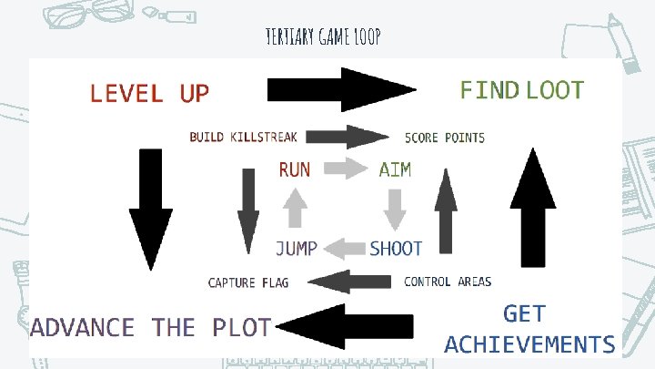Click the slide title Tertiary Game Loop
[322, 36]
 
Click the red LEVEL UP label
[149, 93]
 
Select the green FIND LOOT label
[521, 89]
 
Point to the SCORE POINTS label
[445, 138]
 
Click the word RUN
[294, 169]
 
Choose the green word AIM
[395, 169]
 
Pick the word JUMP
[297, 248]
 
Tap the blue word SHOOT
[396, 248]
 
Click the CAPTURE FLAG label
[248, 282]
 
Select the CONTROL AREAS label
[448, 282]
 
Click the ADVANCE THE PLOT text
[150, 327]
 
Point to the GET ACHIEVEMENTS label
[529, 329]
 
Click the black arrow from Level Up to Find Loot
[341, 89]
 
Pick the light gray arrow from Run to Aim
[343, 168]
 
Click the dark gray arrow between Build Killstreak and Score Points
[350, 138]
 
